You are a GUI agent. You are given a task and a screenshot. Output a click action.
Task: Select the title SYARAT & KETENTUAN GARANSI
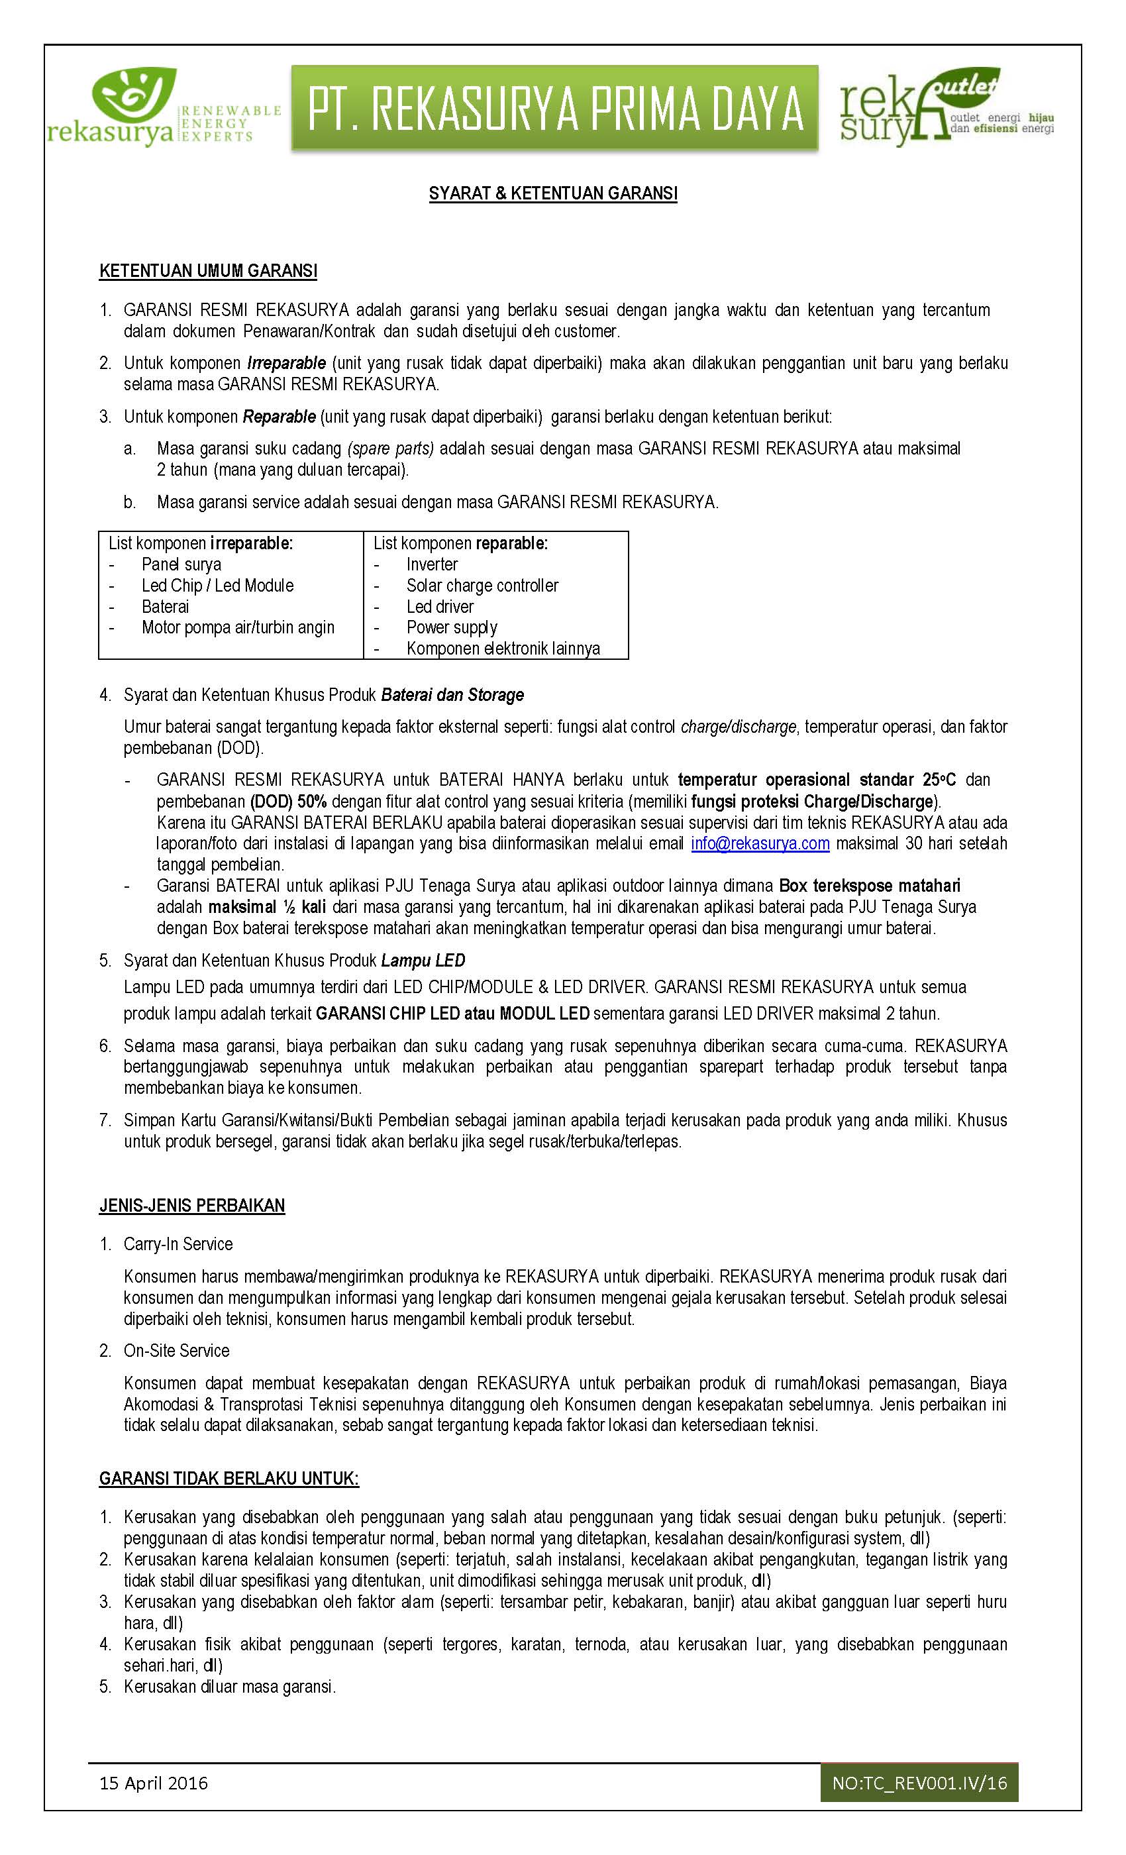coord(552,193)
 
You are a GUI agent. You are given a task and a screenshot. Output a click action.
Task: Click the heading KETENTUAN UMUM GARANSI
coord(208,271)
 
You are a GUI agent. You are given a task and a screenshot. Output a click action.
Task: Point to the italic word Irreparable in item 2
coord(286,363)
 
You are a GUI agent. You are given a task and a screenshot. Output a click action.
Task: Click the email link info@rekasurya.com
coord(760,843)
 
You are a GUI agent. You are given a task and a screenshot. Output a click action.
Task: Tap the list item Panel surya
coord(181,564)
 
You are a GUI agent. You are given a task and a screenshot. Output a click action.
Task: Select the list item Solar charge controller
coord(482,586)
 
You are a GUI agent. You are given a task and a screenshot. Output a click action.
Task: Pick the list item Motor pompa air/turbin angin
coord(238,628)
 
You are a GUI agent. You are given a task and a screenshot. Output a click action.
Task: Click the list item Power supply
coord(452,628)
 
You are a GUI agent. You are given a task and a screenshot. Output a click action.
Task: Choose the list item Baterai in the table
coord(165,607)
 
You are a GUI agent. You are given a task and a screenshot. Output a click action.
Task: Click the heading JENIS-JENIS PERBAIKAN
coord(192,1205)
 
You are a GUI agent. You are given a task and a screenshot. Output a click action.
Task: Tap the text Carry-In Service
coord(178,1244)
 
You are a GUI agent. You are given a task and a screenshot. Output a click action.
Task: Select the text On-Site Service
coord(176,1351)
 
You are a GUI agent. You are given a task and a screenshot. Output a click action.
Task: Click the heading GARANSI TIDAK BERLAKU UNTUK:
coord(229,1479)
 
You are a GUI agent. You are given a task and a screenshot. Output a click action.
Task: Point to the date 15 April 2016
coord(154,1783)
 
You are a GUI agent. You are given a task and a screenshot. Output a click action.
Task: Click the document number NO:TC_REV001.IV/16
coord(919,1783)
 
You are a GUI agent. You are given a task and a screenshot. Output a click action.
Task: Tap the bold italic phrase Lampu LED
coord(423,961)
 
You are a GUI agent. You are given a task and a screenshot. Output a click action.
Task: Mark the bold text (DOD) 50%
coord(288,801)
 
